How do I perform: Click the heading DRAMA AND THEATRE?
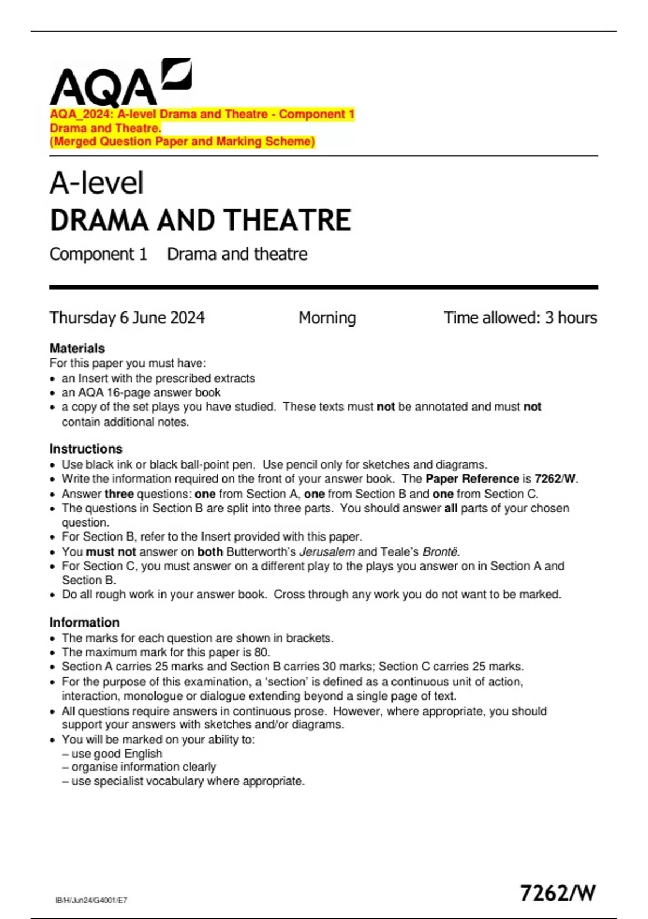(x=200, y=220)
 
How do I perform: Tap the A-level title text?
(x=97, y=183)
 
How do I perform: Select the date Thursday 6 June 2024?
(x=127, y=317)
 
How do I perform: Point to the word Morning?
(x=327, y=317)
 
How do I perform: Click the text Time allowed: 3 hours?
(x=520, y=317)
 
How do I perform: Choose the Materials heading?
(x=77, y=348)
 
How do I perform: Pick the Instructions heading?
(x=86, y=449)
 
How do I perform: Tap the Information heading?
(x=84, y=622)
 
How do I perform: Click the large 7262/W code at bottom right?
(x=557, y=893)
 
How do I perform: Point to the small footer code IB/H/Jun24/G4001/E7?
(x=91, y=900)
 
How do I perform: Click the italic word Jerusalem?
(x=327, y=551)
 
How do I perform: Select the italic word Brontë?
(x=440, y=551)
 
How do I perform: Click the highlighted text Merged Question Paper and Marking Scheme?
(x=182, y=142)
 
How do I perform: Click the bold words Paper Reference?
(x=472, y=478)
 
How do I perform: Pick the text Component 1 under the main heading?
(x=98, y=254)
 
